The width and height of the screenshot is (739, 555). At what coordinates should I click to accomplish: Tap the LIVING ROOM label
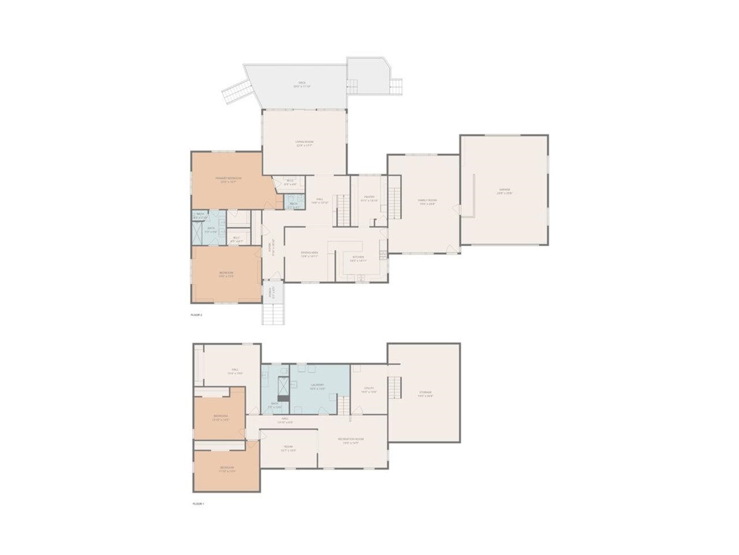click(304, 143)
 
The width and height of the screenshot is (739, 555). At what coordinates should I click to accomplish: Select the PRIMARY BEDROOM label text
click(228, 179)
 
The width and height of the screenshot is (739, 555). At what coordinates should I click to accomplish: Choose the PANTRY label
click(369, 198)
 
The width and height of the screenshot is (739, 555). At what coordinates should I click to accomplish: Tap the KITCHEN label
click(358, 258)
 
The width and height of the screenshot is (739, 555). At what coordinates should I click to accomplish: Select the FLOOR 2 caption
click(196, 315)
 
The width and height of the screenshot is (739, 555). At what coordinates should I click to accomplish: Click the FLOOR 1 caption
click(198, 504)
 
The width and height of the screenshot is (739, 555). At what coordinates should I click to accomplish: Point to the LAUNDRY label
click(316, 386)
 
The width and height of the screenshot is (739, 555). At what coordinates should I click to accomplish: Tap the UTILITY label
click(369, 389)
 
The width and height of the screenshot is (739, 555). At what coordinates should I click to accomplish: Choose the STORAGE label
click(425, 393)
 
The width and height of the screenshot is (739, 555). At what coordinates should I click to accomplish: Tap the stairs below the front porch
click(274, 313)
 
